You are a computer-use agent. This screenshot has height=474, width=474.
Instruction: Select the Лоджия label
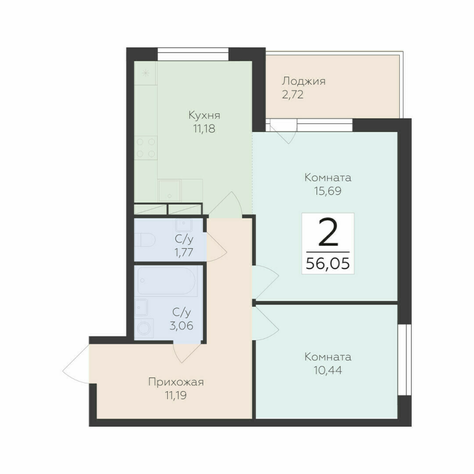304,81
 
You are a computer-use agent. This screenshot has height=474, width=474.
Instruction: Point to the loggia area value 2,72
293,94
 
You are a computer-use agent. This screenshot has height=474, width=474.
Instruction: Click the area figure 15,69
328,191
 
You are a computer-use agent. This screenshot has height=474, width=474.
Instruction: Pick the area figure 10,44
328,371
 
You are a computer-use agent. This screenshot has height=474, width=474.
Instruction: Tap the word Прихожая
172,382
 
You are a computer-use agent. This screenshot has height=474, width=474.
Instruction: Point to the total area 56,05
328,262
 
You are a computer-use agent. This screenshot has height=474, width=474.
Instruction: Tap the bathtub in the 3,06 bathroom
165,281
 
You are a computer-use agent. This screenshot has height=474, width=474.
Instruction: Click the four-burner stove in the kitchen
146,147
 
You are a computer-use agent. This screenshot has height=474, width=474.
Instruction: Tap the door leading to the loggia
283,132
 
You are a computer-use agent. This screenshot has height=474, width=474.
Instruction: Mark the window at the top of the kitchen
193,50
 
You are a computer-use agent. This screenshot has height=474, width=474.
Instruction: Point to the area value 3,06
182,325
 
